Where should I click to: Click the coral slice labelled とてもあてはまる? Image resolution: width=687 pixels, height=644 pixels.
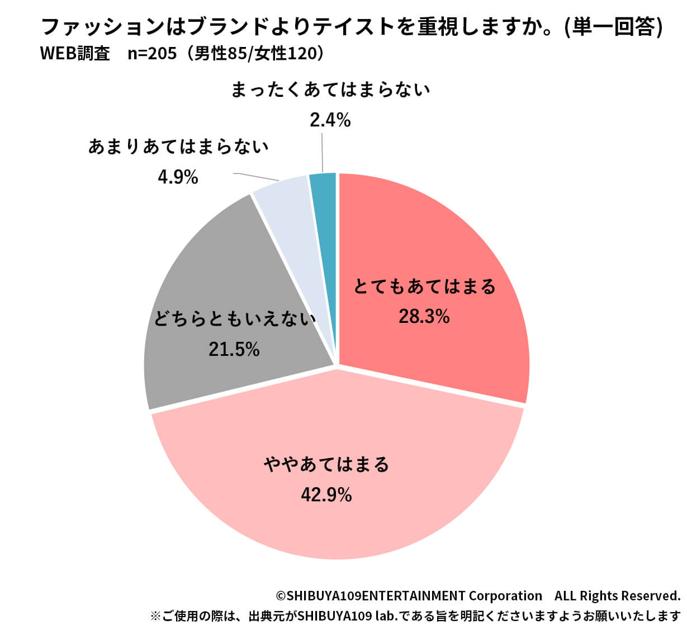pyautogui.click(x=447, y=235)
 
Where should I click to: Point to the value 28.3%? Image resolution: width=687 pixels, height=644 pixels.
pyautogui.click(x=424, y=317)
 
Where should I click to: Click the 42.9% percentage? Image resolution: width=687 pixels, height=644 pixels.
pyautogui.click(x=326, y=495)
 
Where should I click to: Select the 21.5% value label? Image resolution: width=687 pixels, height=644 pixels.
pyautogui.click(x=234, y=349)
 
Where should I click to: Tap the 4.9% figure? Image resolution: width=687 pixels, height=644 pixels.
pyautogui.click(x=178, y=177)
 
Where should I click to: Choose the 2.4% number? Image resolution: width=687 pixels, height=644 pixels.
pyautogui.click(x=330, y=120)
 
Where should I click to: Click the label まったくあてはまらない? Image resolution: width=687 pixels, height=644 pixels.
pyautogui.click(x=330, y=90)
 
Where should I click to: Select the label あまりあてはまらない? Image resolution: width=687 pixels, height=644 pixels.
pyautogui.click(x=178, y=147)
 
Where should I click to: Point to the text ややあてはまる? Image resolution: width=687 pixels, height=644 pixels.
pyautogui.click(x=326, y=464)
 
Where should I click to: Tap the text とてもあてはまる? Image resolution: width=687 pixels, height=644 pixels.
pyautogui.click(x=425, y=286)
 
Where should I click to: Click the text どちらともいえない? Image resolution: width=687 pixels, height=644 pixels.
pyautogui.click(x=235, y=319)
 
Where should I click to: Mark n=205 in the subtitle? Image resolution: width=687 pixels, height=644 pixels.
pyautogui.click(x=152, y=53)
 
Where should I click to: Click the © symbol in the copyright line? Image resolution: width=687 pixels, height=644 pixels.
pyautogui.click(x=281, y=596)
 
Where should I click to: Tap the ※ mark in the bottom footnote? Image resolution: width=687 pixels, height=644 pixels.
pyautogui.click(x=155, y=617)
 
